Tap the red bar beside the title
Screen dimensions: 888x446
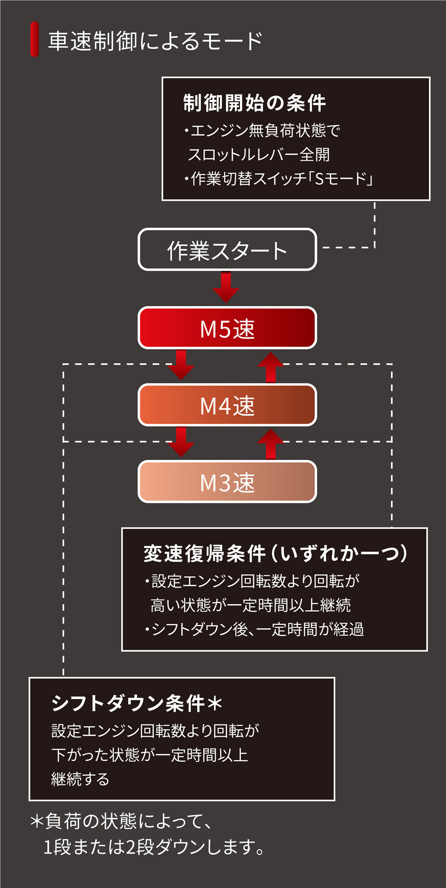point(34,39)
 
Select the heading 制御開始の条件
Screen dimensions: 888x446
point(254,103)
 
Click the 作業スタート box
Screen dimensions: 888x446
point(227,250)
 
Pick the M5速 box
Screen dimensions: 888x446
point(227,328)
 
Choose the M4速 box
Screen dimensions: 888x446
point(227,405)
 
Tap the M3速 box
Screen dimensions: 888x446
point(227,482)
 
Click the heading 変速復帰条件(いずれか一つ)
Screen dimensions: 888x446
point(275,553)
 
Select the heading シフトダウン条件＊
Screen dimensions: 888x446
point(136,703)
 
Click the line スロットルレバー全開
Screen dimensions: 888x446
point(258,155)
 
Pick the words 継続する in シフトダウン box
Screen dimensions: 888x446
point(81,779)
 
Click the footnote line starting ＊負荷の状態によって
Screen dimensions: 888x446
point(121,822)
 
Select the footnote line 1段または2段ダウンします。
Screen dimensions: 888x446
point(154,847)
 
